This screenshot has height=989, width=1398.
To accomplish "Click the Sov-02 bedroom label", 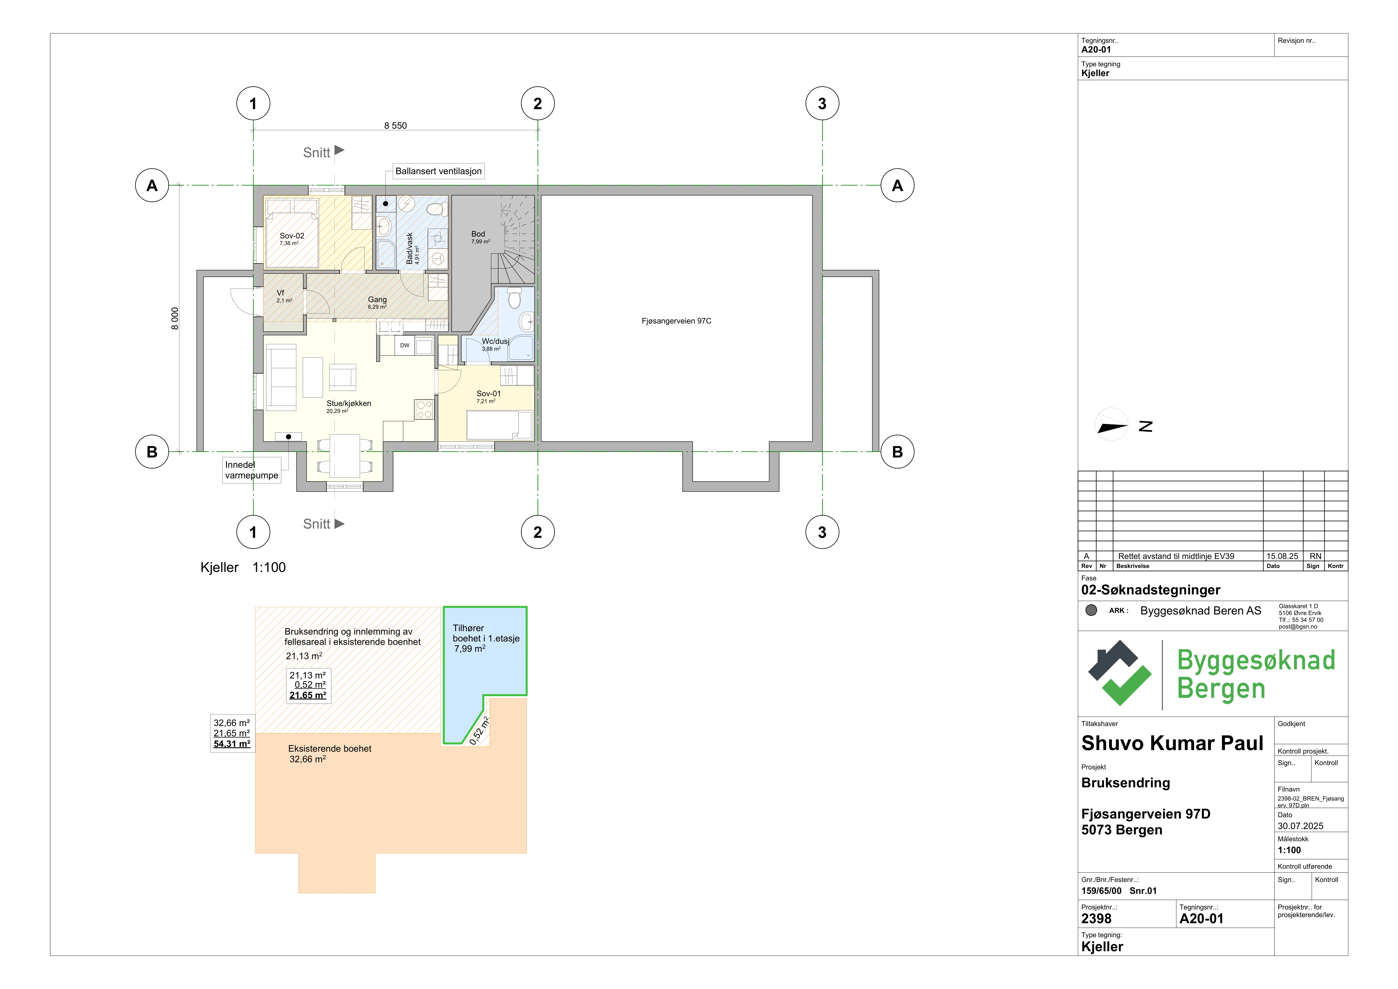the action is click(292, 236).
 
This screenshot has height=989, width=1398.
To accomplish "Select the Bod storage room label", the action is click(478, 234).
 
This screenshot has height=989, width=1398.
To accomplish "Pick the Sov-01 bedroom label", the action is click(488, 394).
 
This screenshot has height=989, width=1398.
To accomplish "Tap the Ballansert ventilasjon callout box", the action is click(439, 171).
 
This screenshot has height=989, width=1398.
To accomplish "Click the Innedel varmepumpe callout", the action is click(251, 470).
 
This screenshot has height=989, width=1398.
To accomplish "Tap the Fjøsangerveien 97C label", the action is click(677, 321).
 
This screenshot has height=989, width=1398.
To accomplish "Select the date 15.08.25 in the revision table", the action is click(1282, 556).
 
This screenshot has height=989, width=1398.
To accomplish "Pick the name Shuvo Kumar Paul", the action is click(1172, 743).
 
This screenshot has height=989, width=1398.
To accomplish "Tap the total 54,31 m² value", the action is click(231, 743).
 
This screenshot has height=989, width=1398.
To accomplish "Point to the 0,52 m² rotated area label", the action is click(479, 731).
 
